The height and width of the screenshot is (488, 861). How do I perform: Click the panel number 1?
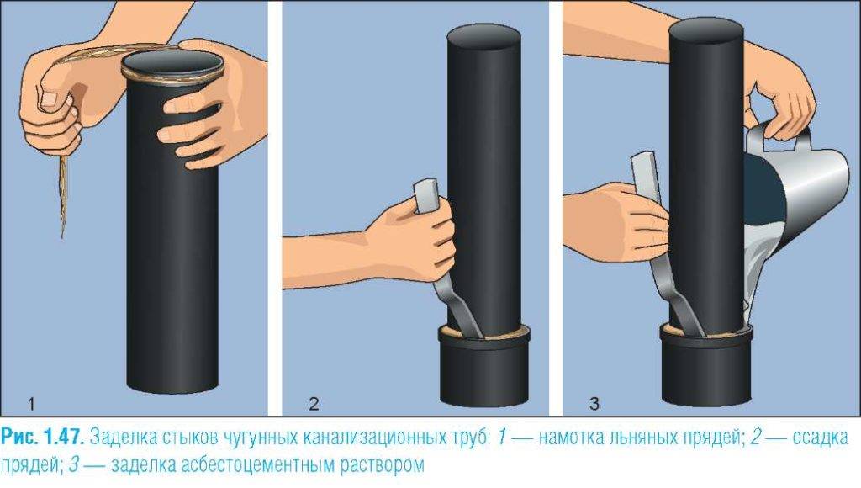point(31,405)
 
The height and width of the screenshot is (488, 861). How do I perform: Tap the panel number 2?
point(314,405)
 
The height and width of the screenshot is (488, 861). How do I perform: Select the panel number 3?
point(594,405)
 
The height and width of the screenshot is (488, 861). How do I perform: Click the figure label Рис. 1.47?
point(42,438)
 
